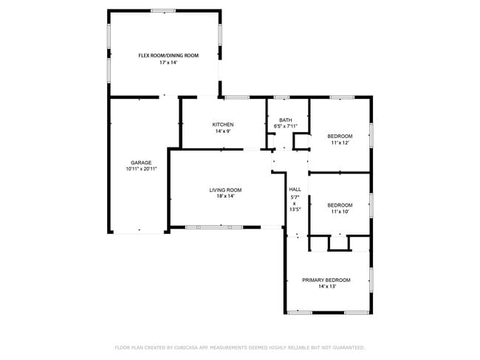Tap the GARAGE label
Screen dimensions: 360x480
click(141, 162)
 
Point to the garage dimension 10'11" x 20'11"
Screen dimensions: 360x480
click(141, 169)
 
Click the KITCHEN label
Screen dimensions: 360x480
click(223, 125)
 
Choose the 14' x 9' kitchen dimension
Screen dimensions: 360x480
click(223, 132)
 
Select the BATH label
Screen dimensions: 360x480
click(285, 120)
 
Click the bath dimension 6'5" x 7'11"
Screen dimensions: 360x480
click(285, 126)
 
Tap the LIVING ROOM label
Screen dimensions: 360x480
click(225, 190)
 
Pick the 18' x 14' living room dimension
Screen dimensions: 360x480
click(225, 197)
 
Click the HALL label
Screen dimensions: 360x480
click(295, 189)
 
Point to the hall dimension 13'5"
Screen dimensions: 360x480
click(295, 210)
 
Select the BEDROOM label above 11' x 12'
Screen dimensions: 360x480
click(340, 136)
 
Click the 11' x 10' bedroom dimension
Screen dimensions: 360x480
click(340, 212)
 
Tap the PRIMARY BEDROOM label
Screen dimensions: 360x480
click(326, 280)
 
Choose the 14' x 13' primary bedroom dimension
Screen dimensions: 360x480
click(326, 287)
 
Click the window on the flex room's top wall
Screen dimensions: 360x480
click(163, 11)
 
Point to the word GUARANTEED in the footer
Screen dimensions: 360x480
click(347, 347)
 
